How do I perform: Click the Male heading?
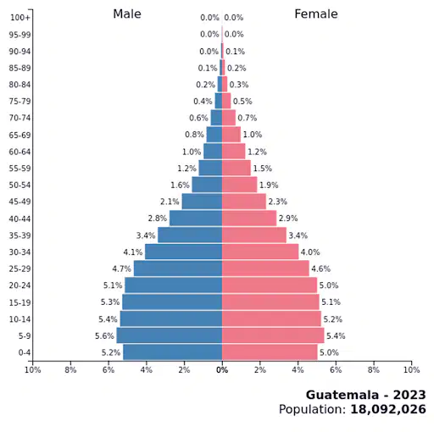pos(127,14)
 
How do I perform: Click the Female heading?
pos(316,14)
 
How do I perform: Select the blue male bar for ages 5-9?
pos(170,335)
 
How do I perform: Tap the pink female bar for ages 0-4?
pos(270,352)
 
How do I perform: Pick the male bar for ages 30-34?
pos(183,252)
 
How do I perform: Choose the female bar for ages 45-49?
pos(244,202)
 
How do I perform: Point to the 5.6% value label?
pos(104,335)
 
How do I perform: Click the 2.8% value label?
pos(158,219)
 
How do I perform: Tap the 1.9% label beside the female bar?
pos(269,185)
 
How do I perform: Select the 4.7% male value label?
pos(121,269)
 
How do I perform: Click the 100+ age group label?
pos(19,18)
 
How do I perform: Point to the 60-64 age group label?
pos(19,152)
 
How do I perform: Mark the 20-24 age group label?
pos(19,285)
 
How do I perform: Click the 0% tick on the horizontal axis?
pos(222,369)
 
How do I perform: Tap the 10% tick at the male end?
pos(33,369)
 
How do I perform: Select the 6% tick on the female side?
pos(336,369)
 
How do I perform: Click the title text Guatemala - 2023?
pos(365,395)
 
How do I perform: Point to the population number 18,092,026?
pos(388,409)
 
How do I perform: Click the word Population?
pos(312,409)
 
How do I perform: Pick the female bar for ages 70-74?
pos(229,118)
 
